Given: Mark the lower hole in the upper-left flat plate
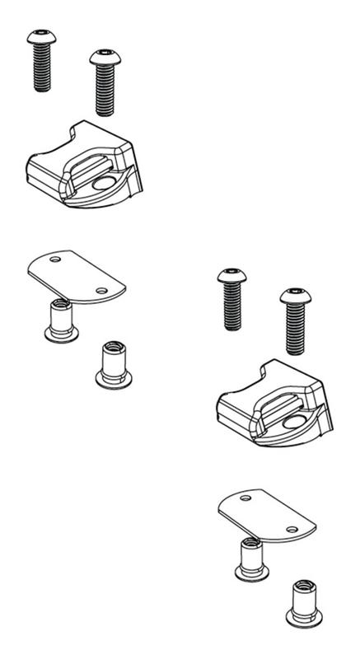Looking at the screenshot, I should click(101, 290).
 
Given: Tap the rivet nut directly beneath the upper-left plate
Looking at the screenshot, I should click(58, 319).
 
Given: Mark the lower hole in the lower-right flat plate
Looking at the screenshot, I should click(290, 530).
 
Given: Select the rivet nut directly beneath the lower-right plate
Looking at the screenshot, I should click(248, 557).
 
